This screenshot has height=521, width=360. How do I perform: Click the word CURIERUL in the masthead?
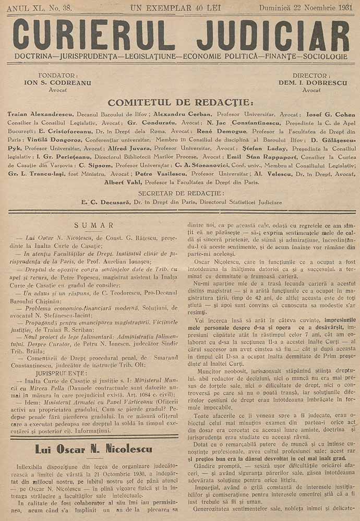(94, 34)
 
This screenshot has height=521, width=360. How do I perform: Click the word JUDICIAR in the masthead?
(273, 34)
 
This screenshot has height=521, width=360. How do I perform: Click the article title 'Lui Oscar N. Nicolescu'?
(94, 449)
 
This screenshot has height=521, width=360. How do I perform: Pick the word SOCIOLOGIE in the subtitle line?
(323, 56)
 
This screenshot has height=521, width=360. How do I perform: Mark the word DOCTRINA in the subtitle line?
(34, 56)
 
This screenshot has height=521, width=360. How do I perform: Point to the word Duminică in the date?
(276, 7)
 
